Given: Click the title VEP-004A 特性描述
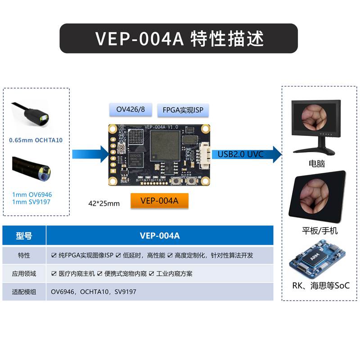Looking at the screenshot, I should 179,38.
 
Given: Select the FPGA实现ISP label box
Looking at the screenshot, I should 183,110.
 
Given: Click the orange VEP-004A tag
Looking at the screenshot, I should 159,201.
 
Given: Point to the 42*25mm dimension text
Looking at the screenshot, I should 104,203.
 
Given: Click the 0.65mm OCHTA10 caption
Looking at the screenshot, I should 36,140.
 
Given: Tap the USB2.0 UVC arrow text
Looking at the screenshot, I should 240,154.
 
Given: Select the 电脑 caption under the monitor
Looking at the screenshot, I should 314,164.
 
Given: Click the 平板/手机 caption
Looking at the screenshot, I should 319,231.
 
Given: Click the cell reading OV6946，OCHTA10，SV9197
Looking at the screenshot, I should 94,292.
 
